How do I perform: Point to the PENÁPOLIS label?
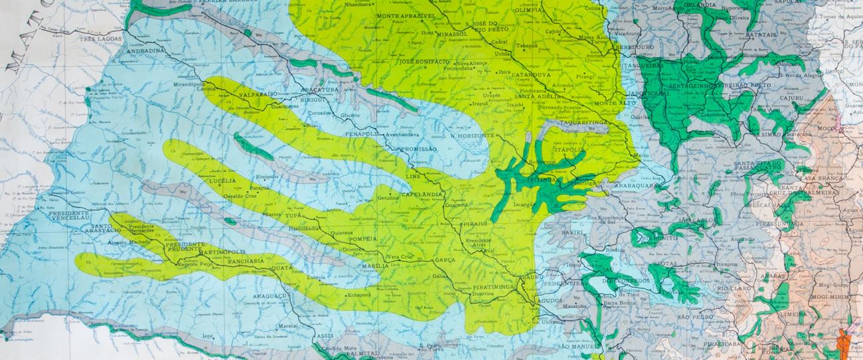point(362,134)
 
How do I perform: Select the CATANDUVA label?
point(535,75)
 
